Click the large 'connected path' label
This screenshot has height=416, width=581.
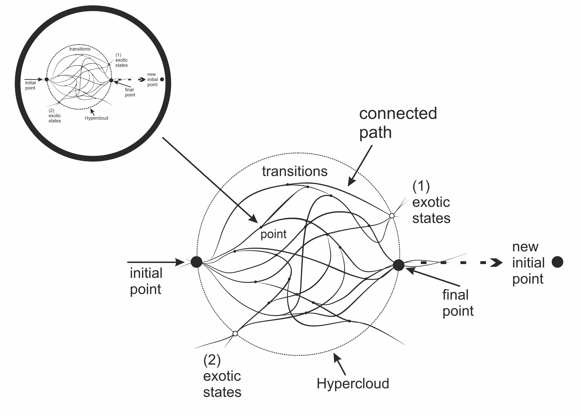398,123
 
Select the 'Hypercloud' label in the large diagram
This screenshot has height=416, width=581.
353,383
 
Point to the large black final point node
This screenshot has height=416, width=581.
398,265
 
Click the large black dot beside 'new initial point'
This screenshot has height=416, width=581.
557,262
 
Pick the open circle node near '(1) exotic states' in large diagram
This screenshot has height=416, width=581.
392,216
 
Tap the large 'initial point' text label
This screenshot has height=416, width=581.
146,281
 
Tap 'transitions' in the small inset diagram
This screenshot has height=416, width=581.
80,49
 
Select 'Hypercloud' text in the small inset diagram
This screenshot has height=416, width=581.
96,118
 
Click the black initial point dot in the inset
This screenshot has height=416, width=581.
47,79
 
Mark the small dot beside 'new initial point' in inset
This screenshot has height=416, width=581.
162,79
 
